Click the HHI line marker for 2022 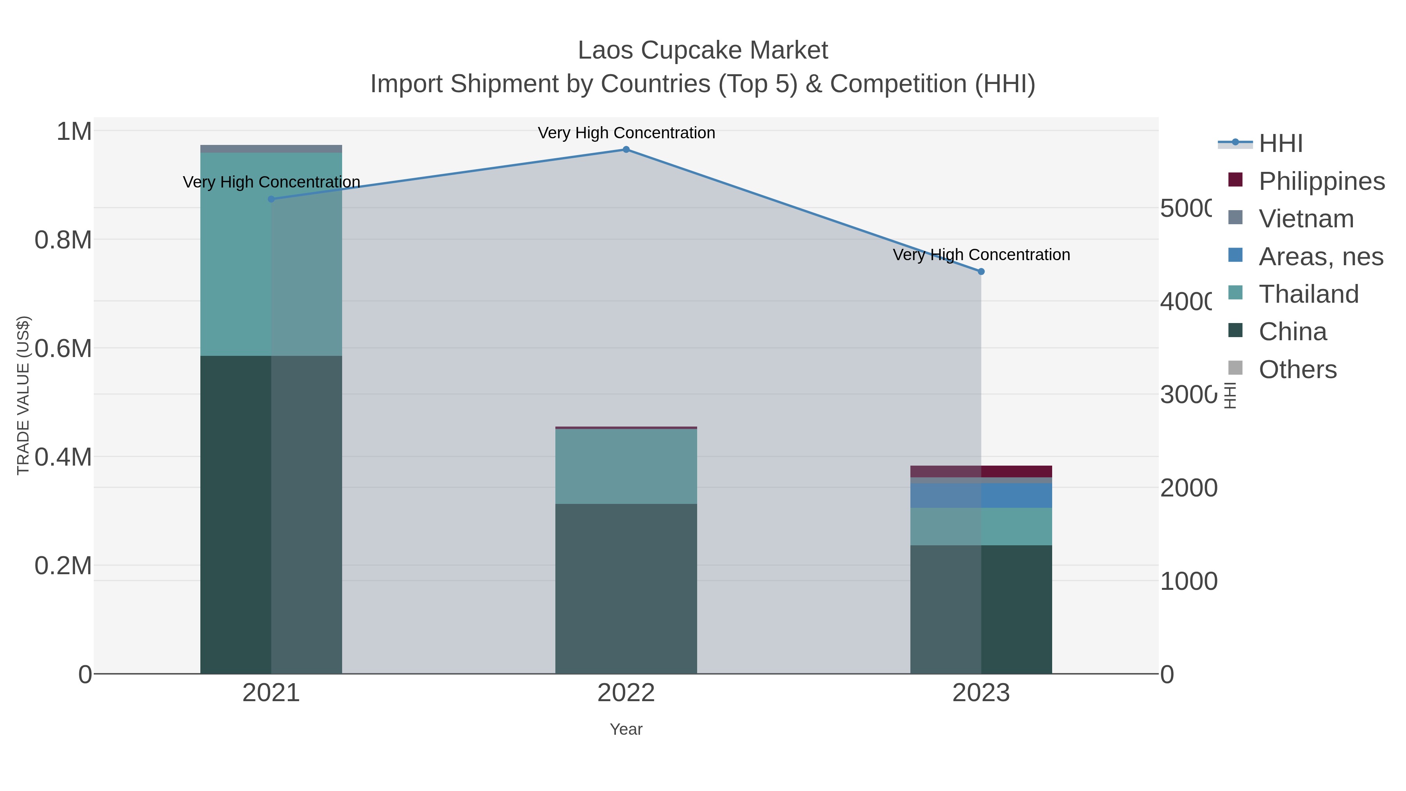626,150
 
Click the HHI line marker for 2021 271,199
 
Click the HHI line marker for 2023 981,271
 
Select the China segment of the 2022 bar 626,589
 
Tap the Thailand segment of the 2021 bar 271,254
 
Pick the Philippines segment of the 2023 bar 981,471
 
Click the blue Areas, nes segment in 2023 981,496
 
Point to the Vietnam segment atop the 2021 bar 271,149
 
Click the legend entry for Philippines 1321,181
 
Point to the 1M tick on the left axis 74,132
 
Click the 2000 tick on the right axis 1188,488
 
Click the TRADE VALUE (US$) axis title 23,395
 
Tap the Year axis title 626,729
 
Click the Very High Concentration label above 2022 626,133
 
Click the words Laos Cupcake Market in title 703,50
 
